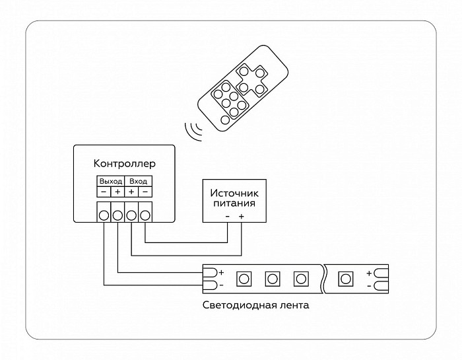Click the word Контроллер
tap(124, 164)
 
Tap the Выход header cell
tap(110, 181)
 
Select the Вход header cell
tap(138, 181)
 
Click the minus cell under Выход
tap(104, 192)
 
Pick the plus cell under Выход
tap(117, 192)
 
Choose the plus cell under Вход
tap(131, 192)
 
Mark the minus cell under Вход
tap(145, 192)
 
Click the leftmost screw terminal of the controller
tap(104, 215)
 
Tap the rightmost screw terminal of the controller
tap(145, 215)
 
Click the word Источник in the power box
tap(234, 193)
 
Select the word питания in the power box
tap(234, 203)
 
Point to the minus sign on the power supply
tap(228, 217)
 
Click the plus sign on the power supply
tap(242, 217)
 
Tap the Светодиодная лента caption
tap(256, 305)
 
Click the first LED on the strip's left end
tap(244, 279)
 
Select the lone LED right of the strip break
tap(345, 279)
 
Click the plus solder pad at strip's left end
tap(210, 273)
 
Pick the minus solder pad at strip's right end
tap(381, 285)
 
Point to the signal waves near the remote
tap(193, 131)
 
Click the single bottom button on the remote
tap(225, 120)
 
